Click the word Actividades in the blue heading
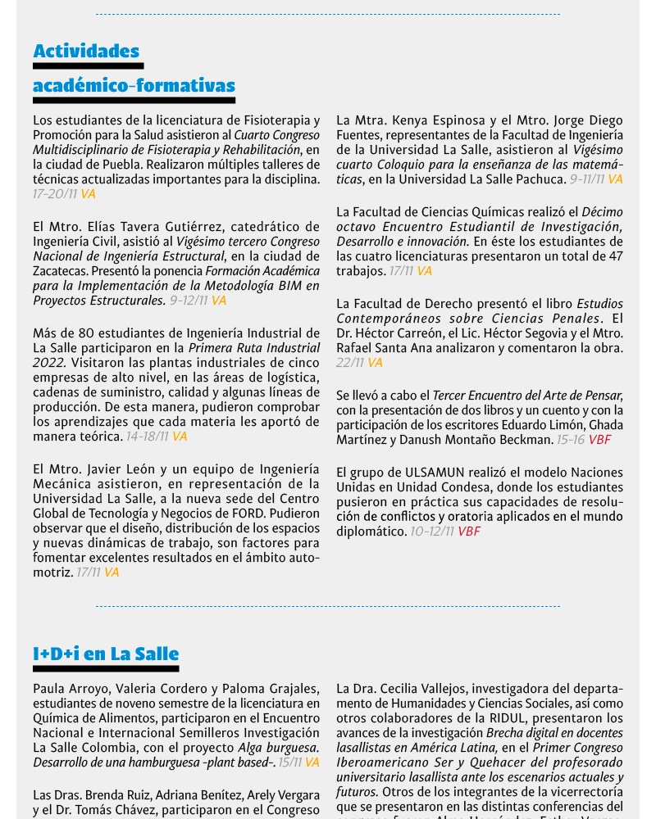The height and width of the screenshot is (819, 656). (86, 52)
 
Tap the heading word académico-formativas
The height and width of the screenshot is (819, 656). (134, 86)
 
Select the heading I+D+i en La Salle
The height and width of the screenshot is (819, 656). (106, 654)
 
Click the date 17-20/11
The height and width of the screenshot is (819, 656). (55, 194)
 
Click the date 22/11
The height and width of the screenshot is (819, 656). (349, 362)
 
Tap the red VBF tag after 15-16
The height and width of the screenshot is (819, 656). (599, 440)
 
